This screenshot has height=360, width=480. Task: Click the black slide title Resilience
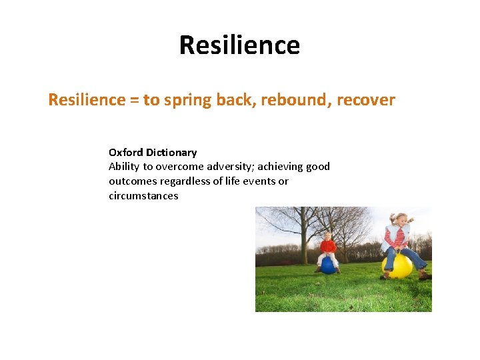click(x=239, y=45)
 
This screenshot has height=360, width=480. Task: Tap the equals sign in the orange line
click(x=134, y=101)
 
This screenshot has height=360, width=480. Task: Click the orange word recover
click(x=366, y=100)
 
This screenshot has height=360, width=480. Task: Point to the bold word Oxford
click(x=125, y=152)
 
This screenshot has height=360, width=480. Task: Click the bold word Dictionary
click(x=171, y=153)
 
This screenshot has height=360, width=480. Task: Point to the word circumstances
click(x=143, y=196)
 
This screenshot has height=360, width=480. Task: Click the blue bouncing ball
click(x=328, y=265)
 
